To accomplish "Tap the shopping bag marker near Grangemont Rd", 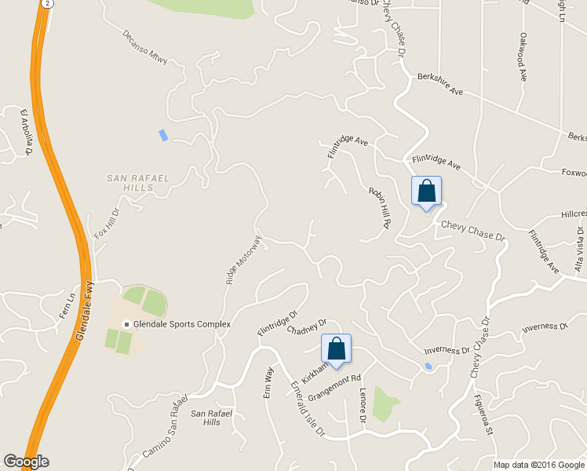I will click(336, 349).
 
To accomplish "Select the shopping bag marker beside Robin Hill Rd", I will click(426, 191).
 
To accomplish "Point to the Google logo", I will click(26, 462).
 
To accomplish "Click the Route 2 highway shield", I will click(48, 4).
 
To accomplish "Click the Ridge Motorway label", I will click(242, 259).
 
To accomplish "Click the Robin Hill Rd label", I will click(380, 207).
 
